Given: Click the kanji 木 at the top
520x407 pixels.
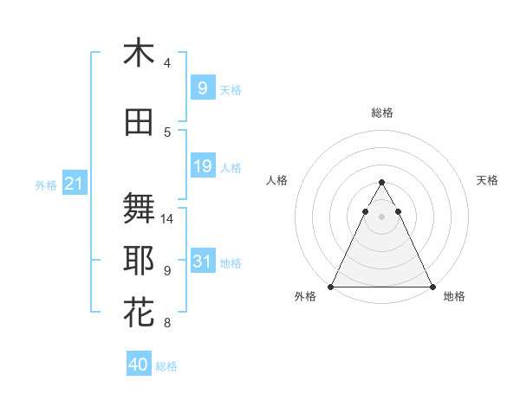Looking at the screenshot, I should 139,53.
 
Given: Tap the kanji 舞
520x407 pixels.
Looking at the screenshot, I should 139,209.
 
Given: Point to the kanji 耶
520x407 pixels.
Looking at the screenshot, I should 139,261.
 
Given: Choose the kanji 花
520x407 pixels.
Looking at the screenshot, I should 139,313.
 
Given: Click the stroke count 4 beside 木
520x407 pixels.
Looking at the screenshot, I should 167,63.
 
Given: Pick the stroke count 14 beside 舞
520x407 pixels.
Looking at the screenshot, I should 168,219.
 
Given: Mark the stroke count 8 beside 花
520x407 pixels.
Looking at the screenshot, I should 167,324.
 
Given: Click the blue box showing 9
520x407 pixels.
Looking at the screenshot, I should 202,87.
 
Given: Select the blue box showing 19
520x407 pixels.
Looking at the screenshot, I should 202,165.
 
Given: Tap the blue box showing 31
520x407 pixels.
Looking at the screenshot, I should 202,261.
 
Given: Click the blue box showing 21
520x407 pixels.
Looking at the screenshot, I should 74,184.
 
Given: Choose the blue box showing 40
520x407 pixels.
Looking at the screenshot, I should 139,365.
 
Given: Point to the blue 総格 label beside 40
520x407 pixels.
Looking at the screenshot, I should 166,366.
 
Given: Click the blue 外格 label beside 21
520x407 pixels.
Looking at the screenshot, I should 46,184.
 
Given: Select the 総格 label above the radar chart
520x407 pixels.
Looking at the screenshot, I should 382,113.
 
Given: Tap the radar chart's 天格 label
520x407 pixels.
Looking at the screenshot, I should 487,180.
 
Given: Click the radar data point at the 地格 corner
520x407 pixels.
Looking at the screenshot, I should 432,287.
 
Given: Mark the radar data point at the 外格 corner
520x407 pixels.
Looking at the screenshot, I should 331,287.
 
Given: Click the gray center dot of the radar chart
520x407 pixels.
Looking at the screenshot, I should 381,216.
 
